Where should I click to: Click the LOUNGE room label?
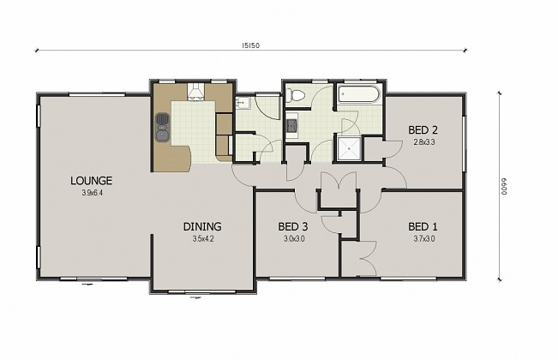(x=92, y=181)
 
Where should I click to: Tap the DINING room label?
(x=202, y=226)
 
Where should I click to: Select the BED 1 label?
(x=423, y=226)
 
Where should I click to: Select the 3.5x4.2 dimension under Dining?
(x=202, y=238)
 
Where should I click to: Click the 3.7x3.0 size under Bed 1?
(x=423, y=238)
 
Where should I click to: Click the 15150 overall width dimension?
(x=251, y=45)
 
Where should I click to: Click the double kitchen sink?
(x=161, y=128)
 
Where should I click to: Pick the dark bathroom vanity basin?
(x=291, y=126)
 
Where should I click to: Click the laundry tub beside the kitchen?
(x=242, y=103)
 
